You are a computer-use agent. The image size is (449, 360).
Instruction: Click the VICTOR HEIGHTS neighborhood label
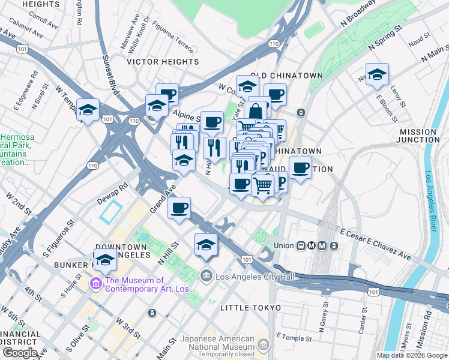tap(163, 62)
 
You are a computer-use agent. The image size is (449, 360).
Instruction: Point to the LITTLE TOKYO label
tap(251, 308)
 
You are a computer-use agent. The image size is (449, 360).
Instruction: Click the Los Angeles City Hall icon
tap(206, 275)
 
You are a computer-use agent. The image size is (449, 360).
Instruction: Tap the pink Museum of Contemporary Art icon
tap(95, 283)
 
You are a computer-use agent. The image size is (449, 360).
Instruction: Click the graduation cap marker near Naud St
tap(377, 74)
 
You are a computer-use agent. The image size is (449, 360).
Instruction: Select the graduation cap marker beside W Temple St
tap(88, 110)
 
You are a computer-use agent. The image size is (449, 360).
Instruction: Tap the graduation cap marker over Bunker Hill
tap(105, 260)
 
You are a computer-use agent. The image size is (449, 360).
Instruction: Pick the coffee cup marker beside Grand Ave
tap(179, 208)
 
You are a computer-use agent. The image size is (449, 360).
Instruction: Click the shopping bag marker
tap(256, 111)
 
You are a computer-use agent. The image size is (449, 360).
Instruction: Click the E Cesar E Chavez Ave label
tap(375, 244)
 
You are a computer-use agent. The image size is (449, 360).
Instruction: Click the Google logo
tap(19, 353)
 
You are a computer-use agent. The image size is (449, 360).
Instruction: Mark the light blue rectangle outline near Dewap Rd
tap(111, 213)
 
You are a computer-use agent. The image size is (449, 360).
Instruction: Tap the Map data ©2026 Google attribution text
tap(411, 355)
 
